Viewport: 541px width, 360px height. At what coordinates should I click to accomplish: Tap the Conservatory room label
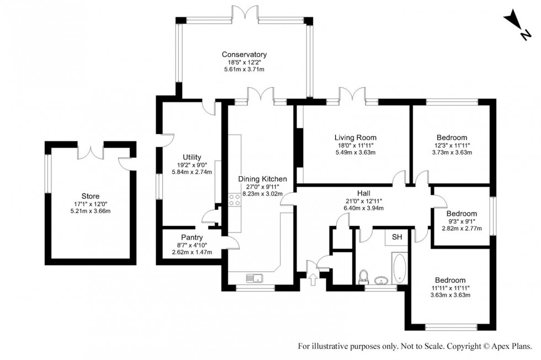pos(244,55)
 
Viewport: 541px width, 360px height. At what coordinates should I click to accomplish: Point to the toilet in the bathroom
pos(364,275)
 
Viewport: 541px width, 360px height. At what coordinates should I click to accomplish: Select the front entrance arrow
pos(314,279)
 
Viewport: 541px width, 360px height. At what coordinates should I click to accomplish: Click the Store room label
pos(90,195)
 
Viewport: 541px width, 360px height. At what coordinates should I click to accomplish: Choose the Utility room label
pos(192,157)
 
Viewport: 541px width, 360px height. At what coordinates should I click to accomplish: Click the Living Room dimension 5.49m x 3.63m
pos(355,153)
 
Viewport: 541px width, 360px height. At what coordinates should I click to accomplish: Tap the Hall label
pos(363,193)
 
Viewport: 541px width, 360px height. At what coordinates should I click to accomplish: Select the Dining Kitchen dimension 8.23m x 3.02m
pos(262,194)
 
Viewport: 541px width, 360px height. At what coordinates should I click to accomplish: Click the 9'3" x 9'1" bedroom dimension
pos(462,221)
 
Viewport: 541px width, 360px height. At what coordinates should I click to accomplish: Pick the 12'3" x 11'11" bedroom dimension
pos(452,145)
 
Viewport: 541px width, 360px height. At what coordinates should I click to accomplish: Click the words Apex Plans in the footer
pos(511,346)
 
